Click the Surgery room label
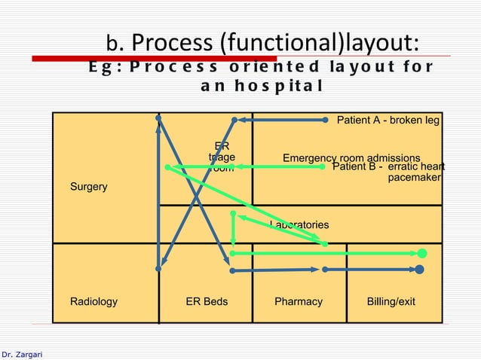click(x=88, y=186)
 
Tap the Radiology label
click(x=93, y=301)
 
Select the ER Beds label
click(x=207, y=301)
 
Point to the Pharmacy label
click(x=298, y=301)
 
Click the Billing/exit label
click(x=391, y=301)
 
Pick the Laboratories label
click(x=299, y=224)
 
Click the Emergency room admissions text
click(x=351, y=158)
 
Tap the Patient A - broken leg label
click(x=388, y=120)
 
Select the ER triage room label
click(x=222, y=157)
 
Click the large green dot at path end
click(x=422, y=253)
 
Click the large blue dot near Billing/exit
click(x=419, y=269)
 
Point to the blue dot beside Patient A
click(x=325, y=119)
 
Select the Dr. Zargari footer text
click(x=22, y=353)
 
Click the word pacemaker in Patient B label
click(x=414, y=178)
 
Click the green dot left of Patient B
click(x=323, y=166)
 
